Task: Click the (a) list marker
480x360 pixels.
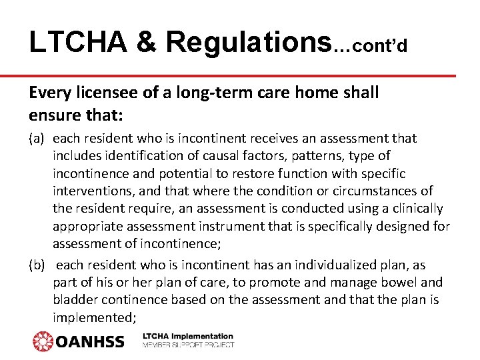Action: tap(37, 139)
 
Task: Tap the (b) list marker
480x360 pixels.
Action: tap(37, 265)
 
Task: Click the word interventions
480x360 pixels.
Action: tap(91, 191)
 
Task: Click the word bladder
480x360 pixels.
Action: tap(75, 300)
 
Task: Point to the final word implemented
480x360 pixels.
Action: tap(90, 317)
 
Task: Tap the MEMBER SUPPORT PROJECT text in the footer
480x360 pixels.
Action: tap(188, 345)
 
